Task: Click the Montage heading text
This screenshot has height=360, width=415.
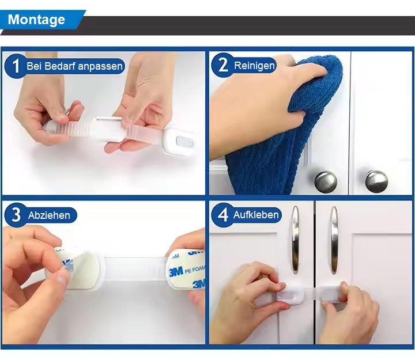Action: [x=36, y=20]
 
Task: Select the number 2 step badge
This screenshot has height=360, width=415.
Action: [x=222, y=65]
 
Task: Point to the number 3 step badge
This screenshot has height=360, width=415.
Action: [x=16, y=215]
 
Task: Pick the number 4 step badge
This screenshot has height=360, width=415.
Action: [x=222, y=214]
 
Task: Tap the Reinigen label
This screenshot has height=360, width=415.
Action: [x=254, y=66]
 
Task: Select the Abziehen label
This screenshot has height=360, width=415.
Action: [x=49, y=215]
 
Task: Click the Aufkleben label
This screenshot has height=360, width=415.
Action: [x=256, y=214]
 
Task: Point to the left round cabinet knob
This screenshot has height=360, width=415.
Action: [x=326, y=181]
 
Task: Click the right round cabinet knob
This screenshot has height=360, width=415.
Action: [x=376, y=181]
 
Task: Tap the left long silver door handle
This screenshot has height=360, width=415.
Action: [x=295, y=240]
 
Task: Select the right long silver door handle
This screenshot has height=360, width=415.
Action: [x=334, y=240]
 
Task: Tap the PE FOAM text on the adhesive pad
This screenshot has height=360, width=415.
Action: [x=195, y=270]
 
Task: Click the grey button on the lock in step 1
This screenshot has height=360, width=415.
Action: [x=185, y=142]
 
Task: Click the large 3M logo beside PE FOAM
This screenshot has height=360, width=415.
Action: [x=176, y=272]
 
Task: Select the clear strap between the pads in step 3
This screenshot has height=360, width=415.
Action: [x=135, y=268]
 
